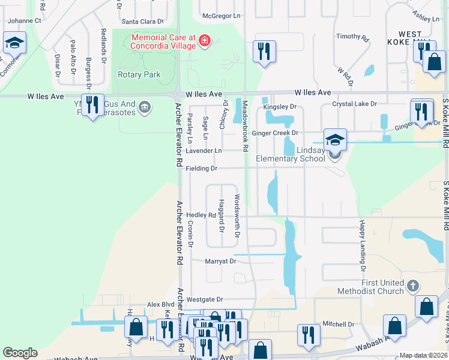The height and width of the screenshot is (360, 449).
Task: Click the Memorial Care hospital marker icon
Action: pos(205,41)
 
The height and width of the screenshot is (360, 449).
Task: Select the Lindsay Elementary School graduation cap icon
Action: pos(335,140)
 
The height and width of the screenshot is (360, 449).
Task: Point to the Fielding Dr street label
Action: pos(201,169)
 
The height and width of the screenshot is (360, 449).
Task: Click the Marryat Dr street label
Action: pos(220,261)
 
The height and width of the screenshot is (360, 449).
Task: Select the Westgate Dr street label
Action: pos(204,299)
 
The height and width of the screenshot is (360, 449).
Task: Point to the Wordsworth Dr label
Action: pos(237,215)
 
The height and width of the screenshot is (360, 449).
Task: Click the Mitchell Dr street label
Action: pos(338,324)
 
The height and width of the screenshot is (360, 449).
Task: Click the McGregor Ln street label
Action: pos(221,16)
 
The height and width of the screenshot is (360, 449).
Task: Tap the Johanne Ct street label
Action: pos(24,20)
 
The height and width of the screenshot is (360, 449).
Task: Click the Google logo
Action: pos(20,353)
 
